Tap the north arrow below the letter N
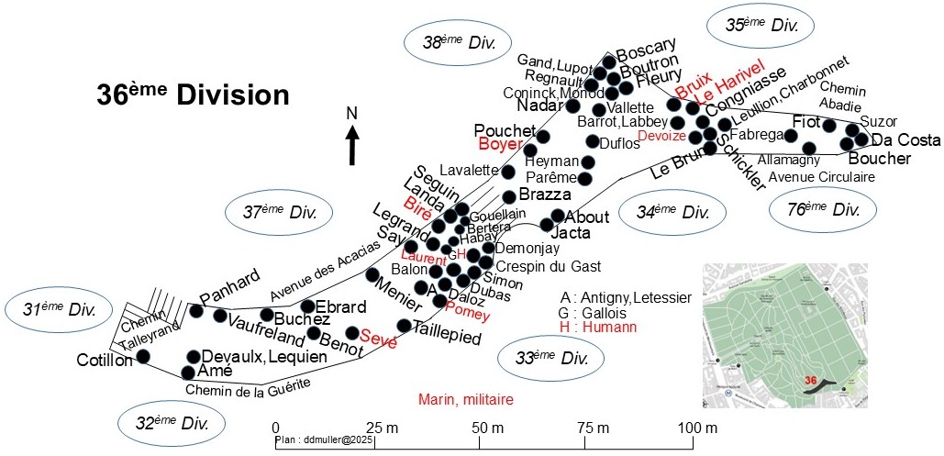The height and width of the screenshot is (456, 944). point(351,145)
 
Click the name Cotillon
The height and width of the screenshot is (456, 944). point(103,360)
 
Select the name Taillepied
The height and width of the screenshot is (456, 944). point(447,337)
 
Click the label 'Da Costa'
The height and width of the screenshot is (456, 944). point(905,140)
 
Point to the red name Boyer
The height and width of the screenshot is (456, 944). point(499,144)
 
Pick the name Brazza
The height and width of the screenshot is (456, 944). point(544,195)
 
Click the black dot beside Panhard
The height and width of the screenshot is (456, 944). point(195,310)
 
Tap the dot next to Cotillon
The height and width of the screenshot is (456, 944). point(142,358)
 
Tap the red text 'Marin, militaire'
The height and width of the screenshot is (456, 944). point(465,399)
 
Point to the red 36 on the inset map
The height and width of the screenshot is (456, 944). point(809,380)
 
